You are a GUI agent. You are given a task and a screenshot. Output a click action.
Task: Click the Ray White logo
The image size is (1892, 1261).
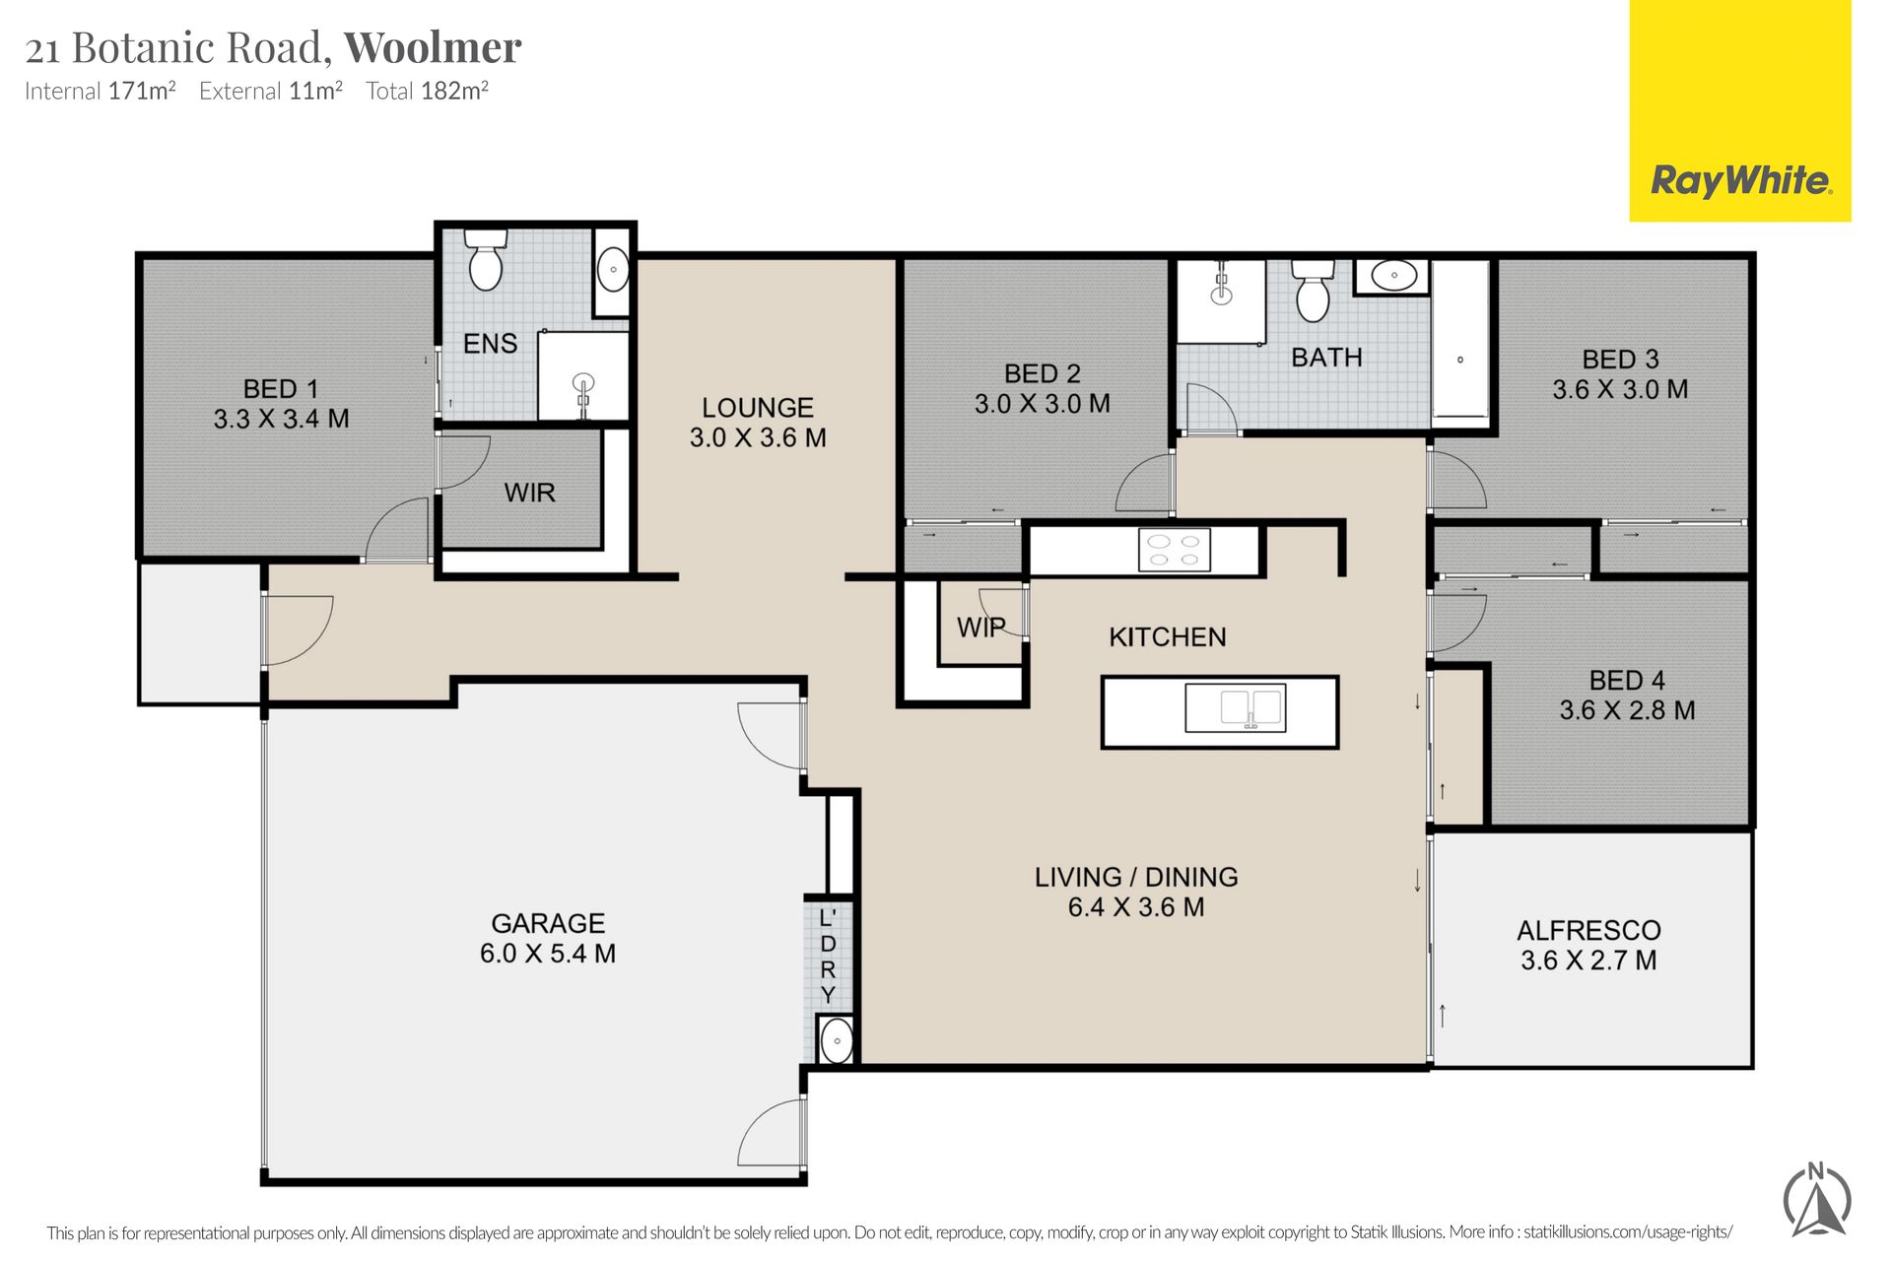coord(1740,181)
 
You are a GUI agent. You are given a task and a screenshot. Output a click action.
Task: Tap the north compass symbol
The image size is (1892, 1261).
coord(1817,1200)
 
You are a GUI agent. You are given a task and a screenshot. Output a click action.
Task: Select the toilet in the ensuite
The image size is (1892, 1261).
coord(485,259)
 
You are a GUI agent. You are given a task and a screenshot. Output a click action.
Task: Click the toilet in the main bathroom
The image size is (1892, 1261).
coord(1313,291)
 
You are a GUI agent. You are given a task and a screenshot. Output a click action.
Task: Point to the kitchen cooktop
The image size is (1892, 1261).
coord(1174,550)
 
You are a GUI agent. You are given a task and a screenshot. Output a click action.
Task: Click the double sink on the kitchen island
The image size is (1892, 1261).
coord(1235,707)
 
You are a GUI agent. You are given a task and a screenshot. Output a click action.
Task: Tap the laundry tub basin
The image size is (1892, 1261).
coord(837,1041)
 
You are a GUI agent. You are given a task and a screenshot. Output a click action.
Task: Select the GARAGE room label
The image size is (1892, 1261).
coord(548,923)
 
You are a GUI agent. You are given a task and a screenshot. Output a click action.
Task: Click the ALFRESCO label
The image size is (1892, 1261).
coord(1588,930)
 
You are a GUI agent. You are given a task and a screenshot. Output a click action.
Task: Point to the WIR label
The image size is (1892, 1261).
coord(530,493)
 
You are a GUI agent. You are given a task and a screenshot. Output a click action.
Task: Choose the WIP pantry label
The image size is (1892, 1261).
coord(981,628)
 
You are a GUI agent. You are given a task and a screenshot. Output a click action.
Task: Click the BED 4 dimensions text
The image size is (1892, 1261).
coord(1627,710)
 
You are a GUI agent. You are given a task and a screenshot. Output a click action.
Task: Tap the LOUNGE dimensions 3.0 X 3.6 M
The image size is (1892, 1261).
coord(758,437)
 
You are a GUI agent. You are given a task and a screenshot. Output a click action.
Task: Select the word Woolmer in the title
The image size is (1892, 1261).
coord(433,47)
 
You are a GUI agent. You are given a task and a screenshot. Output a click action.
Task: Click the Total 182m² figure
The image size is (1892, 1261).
coord(428,91)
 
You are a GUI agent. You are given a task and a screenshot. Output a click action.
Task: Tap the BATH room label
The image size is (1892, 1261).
coord(1326,358)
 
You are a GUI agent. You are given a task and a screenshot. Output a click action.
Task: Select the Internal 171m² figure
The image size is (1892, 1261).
coord(101,91)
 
